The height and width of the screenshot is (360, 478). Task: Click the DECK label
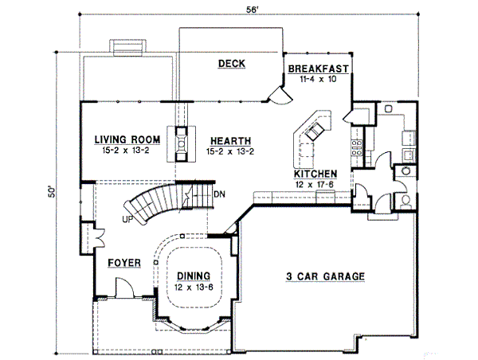coord(232,64)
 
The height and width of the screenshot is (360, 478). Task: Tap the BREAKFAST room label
coord(318,68)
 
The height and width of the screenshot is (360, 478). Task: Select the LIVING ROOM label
coord(127,139)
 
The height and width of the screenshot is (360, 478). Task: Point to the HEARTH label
coord(231,141)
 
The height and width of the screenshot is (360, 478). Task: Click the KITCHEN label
coord(315,174)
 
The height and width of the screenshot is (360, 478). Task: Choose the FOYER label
coord(124,263)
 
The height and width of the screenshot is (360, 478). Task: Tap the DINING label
coord(194,276)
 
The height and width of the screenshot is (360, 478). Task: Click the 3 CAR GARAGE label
coord(325,276)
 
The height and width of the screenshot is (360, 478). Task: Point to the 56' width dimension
coord(252,10)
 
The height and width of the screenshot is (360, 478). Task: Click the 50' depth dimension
coord(52,191)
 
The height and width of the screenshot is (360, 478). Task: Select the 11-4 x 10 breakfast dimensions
coord(318,79)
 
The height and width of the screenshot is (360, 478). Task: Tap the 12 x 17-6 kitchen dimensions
coord(315,185)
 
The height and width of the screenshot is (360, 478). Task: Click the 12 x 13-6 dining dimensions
coord(194,287)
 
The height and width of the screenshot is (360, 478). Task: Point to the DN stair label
coord(220,194)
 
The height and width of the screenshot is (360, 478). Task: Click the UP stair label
coord(128,219)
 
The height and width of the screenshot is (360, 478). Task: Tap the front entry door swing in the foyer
coord(125,287)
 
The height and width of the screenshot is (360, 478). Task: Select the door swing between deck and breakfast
coord(280,96)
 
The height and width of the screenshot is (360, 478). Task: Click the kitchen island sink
coord(315,130)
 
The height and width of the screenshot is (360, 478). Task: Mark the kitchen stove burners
coord(357,147)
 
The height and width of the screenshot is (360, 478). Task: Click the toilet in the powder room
coord(406,201)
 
